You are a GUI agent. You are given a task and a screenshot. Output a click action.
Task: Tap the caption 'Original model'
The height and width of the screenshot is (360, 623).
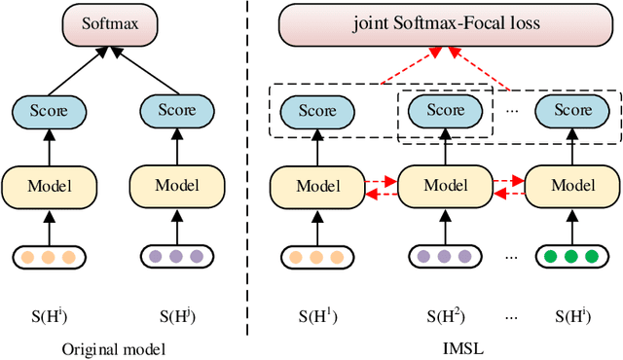113,348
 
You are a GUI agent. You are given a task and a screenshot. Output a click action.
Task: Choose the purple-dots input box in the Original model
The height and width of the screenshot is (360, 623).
177,257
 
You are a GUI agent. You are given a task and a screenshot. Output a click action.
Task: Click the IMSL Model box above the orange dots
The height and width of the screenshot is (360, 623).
316,184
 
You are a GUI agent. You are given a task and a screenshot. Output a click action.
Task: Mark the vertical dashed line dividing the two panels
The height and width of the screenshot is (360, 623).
245,175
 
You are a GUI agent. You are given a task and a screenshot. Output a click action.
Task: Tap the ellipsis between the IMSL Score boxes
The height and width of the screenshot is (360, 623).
512,110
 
